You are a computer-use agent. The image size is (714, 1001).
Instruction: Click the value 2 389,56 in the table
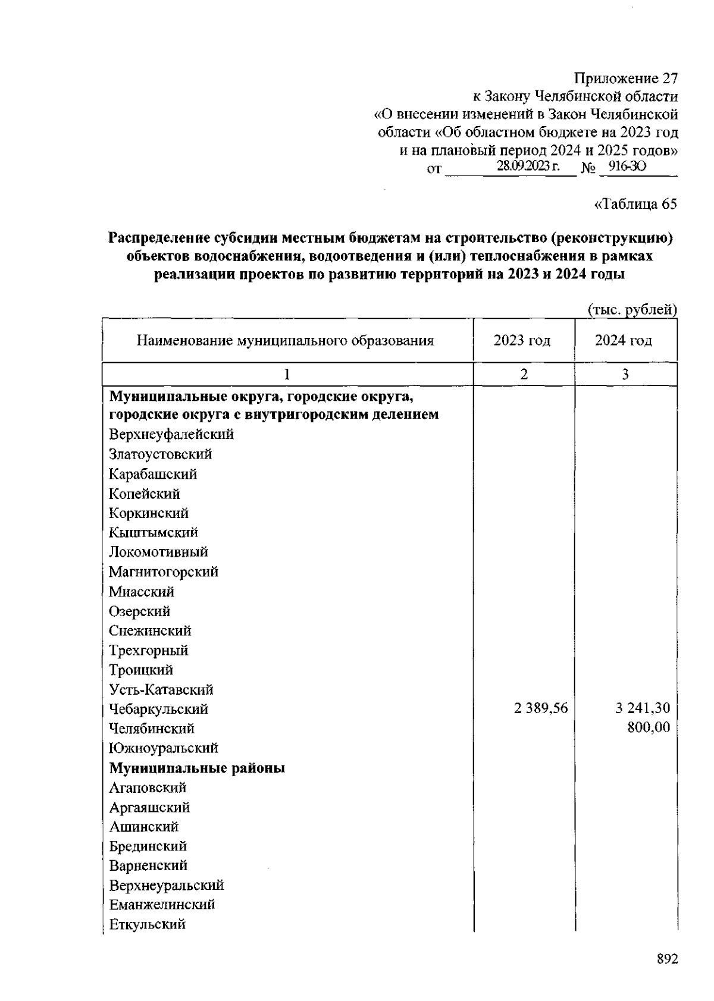pyautogui.click(x=541, y=708)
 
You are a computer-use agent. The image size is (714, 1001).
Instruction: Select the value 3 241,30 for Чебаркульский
pyautogui.click(x=643, y=708)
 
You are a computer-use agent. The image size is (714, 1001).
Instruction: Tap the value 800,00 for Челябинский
pyautogui.click(x=648, y=727)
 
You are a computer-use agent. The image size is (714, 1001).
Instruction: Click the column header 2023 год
pyautogui.click(x=522, y=341)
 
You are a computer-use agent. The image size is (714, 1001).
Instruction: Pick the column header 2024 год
pyautogui.click(x=624, y=341)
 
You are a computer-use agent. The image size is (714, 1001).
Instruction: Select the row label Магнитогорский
pyautogui.click(x=164, y=572)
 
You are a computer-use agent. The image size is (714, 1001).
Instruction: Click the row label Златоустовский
pyautogui.click(x=160, y=454)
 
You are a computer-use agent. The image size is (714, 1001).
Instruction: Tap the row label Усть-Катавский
pyautogui.click(x=161, y=689)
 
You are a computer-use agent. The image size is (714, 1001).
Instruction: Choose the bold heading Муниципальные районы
pyautogui.click(x=197, y=768)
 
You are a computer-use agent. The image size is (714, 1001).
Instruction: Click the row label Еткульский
pyautogui.click(x=147, y=924)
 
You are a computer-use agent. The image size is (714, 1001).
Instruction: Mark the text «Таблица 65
pyautogui.click(x=635, y=204)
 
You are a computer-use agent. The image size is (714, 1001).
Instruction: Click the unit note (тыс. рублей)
pyautogui.click(x=632, y=310)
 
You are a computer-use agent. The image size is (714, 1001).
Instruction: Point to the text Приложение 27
pyautogui.click(x=625, y=79)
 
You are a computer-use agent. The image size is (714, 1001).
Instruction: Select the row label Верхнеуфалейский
pyautogui.click(x=171, y=434)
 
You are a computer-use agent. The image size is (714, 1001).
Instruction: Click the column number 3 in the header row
pyautogui.click(x=625, y=374)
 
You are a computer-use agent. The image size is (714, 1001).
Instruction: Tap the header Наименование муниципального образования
pyautogui.click(x=285, y=341)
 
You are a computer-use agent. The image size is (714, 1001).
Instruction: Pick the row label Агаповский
pyautogui.click(x=148, y=787)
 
